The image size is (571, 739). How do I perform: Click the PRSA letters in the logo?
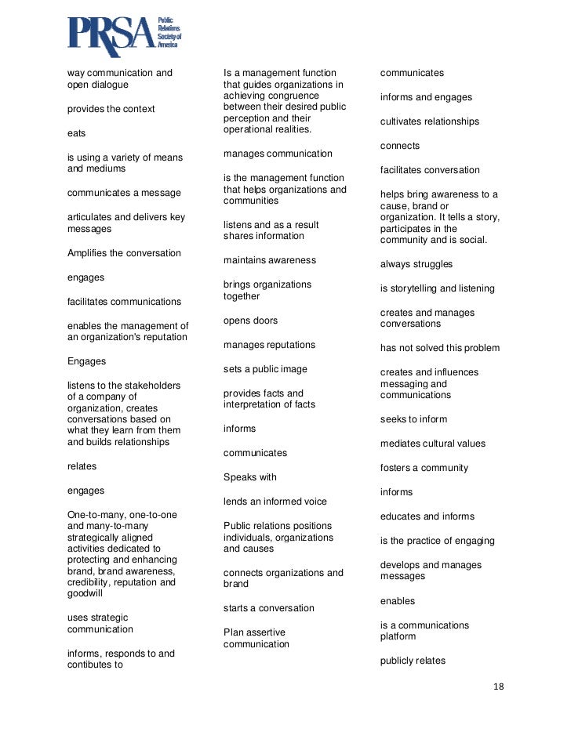pos(110,35)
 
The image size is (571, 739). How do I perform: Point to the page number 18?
pos(499,686)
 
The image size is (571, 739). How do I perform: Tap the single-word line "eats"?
pos(76,133)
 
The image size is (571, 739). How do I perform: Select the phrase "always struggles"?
pos(416,264)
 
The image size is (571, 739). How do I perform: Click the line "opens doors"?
pos(250,321)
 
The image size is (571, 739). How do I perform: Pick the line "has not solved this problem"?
pos(440,348)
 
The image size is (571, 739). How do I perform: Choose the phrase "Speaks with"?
pos(250,477)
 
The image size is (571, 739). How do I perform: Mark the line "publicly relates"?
pos(413,661)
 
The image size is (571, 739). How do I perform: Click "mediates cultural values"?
pos(433,444)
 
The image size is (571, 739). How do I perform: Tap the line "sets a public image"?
pos(265,369)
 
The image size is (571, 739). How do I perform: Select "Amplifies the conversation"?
pos(124,253)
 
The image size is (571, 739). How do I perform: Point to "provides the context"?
pos(111,109)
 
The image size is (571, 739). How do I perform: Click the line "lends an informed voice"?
pos(275,502)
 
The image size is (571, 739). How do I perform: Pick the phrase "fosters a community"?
pos(424,468)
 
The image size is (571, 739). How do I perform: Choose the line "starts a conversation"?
pos(269,608)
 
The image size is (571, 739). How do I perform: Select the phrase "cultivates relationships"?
pos(430,121)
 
